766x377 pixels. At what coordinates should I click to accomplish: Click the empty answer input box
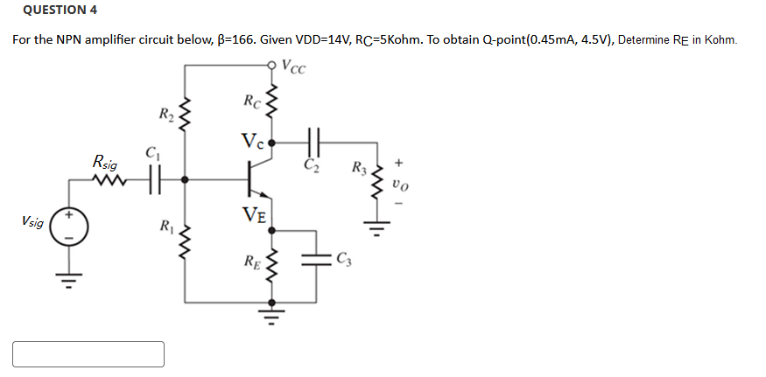click(88, 353)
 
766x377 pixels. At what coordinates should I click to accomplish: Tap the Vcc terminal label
click(293, 69)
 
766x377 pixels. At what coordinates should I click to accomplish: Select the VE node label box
click(257, 213)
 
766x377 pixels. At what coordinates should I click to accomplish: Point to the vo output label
click(400, 186)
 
